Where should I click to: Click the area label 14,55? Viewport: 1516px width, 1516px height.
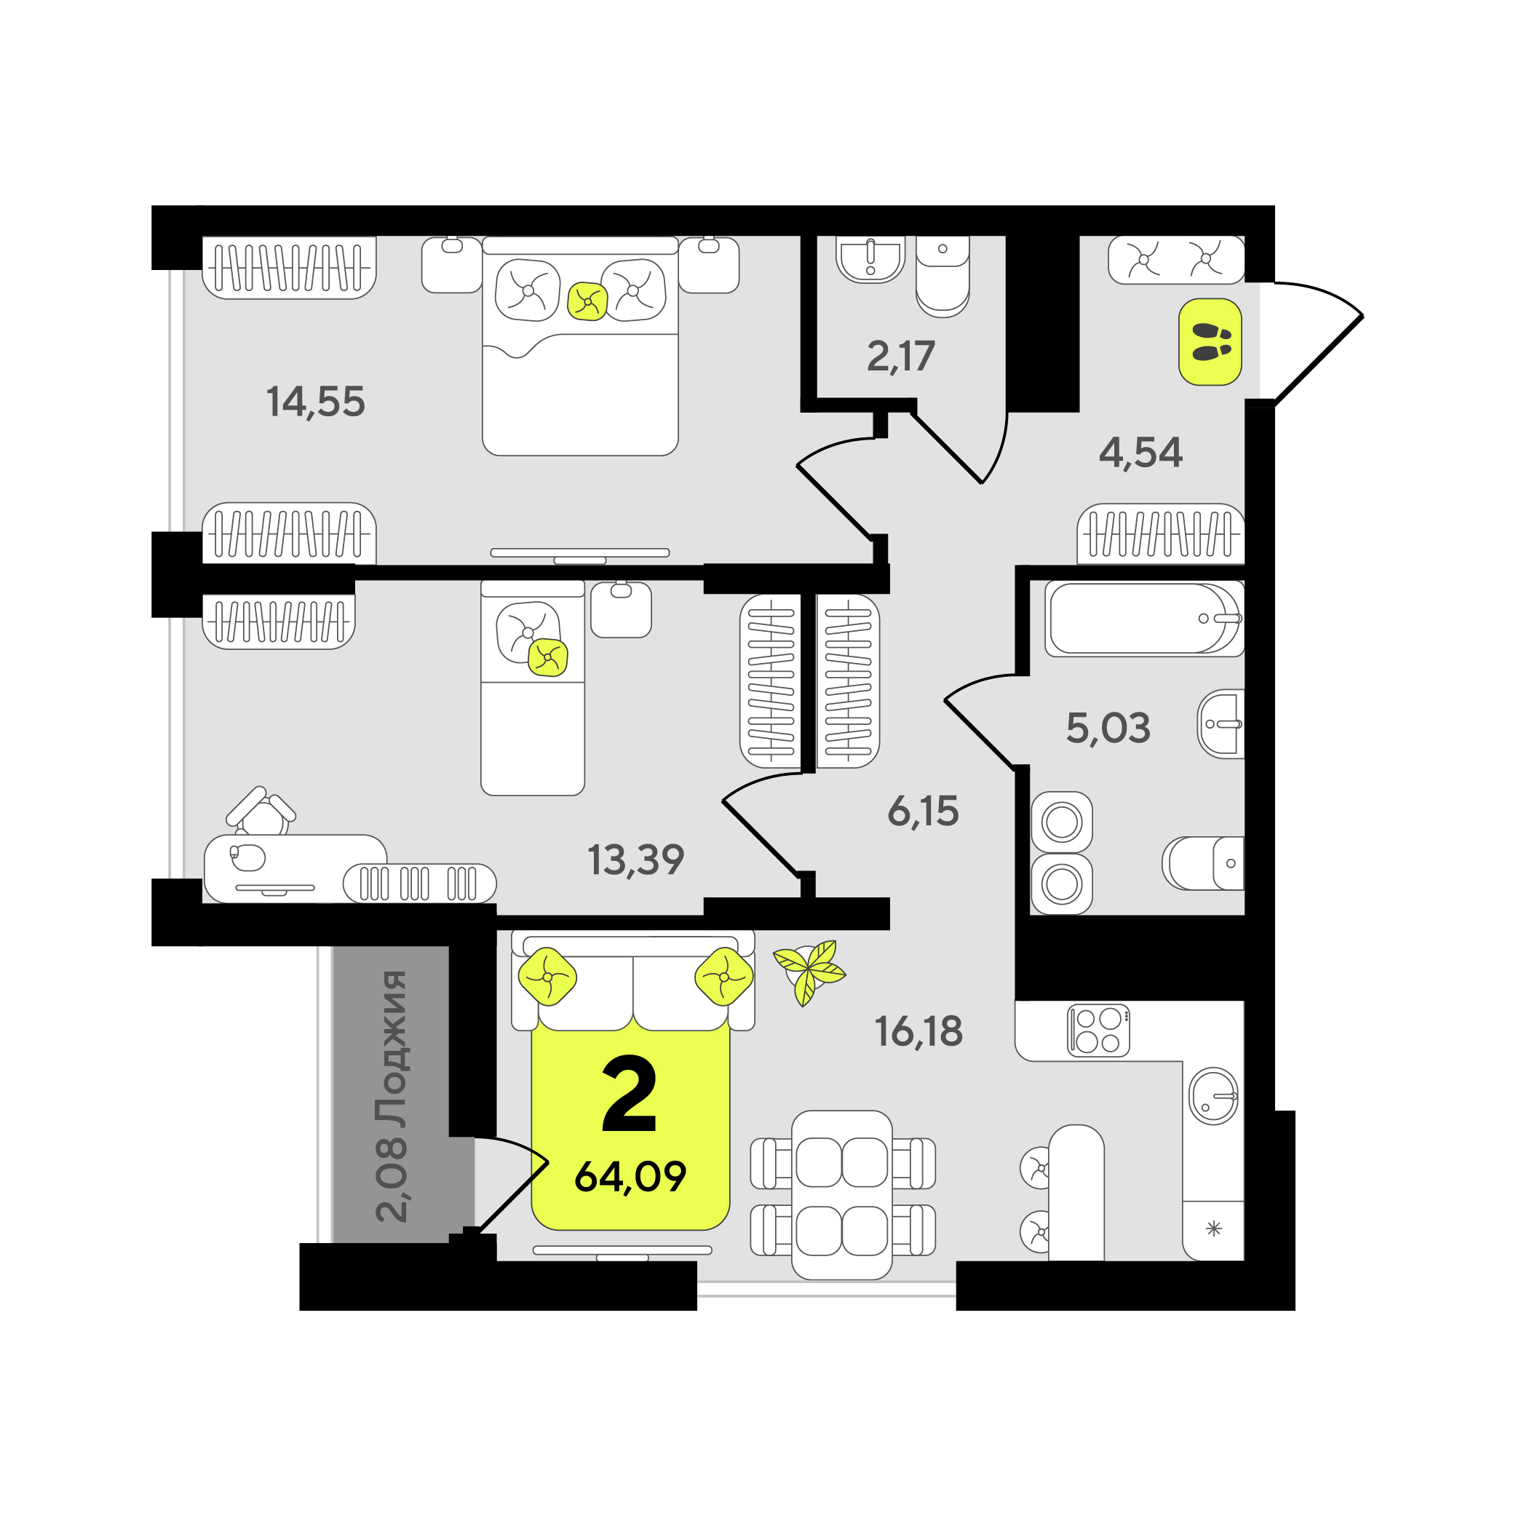315,402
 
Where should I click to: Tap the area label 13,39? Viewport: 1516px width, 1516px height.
635,860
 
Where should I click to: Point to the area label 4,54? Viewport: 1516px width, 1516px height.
1140,453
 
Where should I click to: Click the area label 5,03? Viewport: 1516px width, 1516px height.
1108,729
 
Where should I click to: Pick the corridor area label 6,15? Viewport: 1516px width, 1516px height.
923,811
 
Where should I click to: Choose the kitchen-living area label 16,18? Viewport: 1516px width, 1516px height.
919,1031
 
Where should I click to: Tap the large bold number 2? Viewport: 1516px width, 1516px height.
630,1094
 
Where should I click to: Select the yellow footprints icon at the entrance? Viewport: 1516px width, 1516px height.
1211,342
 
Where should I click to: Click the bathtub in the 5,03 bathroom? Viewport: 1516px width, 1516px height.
1145,619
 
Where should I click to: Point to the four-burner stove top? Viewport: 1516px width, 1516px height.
1098,1031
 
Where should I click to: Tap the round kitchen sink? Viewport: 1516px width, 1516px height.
1214,1096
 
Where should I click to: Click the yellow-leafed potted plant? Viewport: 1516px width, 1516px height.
809,972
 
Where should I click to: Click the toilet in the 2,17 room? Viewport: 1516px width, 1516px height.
942,277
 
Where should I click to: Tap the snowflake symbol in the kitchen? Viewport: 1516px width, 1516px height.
1214,1229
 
